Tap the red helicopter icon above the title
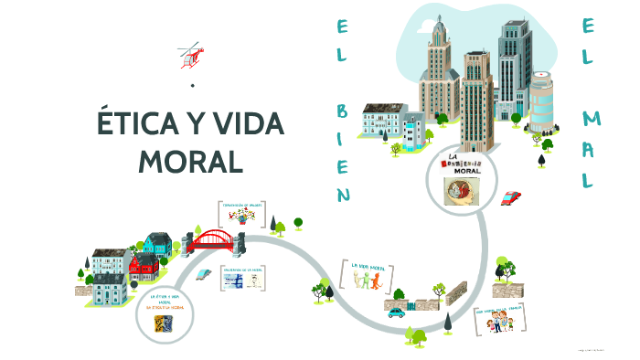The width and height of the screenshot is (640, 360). pos(190,54)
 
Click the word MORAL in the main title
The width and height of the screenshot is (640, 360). pos(191,161)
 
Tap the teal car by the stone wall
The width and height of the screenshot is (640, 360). pos(396,312)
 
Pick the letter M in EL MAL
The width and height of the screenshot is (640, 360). pos(592,118)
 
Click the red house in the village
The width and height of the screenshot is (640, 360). pos(143,268)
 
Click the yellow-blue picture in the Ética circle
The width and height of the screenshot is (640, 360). pos(165,323)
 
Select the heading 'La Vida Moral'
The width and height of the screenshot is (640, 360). pos(367,266)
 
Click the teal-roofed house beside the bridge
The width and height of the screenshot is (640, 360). pos(156,243)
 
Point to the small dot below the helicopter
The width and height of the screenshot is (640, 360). pos(193,85)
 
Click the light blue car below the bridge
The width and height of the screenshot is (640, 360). pos(205,272)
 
